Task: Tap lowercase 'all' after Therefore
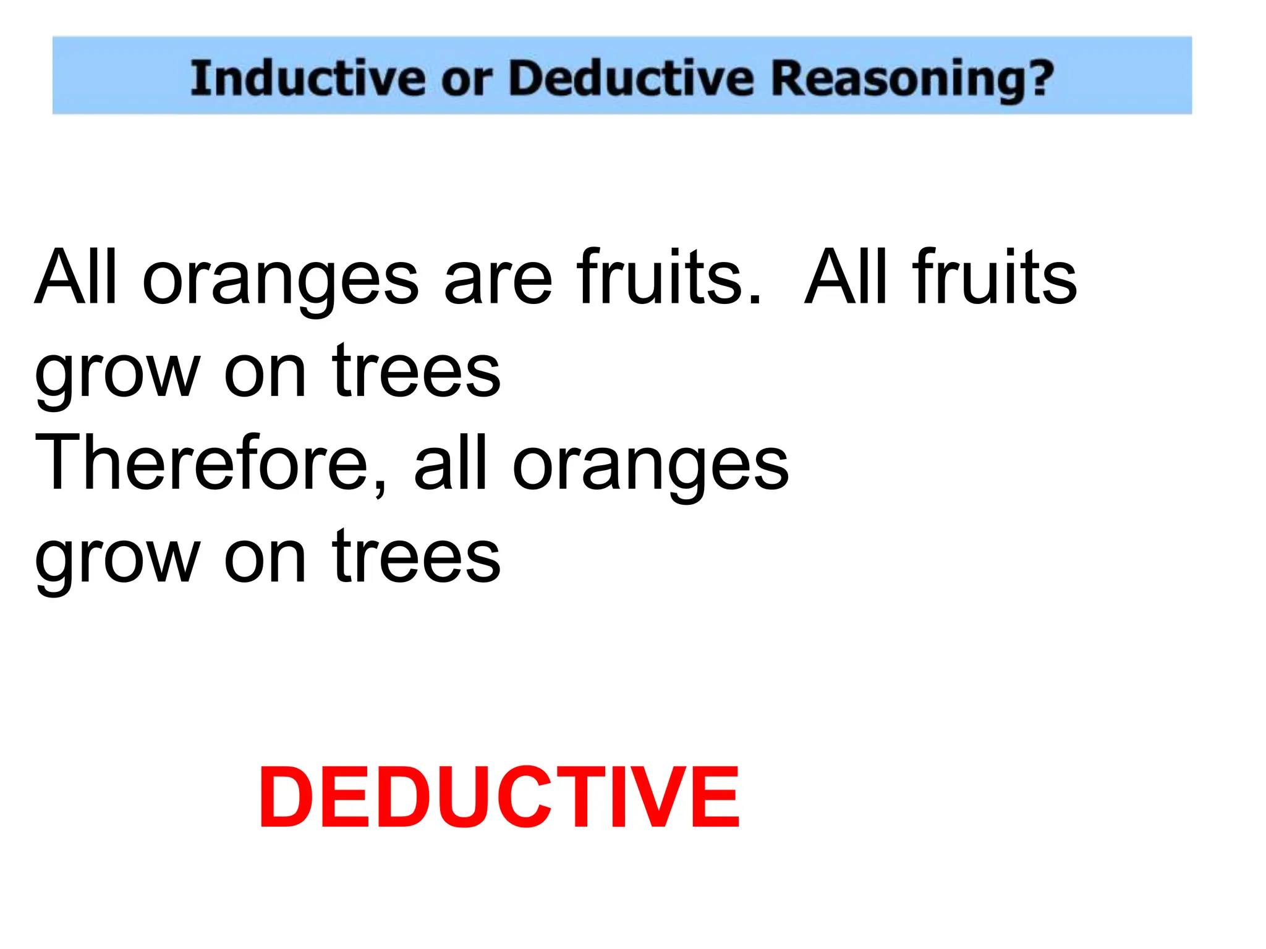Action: click(451, 463)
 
